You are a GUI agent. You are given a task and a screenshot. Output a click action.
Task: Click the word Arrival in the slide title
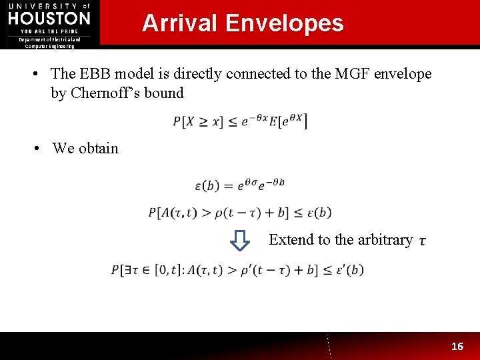(179, 23)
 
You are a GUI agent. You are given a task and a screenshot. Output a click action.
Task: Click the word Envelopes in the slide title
(284, 23)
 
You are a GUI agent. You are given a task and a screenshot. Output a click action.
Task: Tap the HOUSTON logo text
(49, 18)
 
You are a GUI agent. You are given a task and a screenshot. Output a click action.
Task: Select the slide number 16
(457, 346)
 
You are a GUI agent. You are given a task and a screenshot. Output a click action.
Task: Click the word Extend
(292, 239)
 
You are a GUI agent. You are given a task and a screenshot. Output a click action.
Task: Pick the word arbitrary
(381, 239)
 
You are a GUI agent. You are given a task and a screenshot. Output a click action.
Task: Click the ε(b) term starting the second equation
(209, 185)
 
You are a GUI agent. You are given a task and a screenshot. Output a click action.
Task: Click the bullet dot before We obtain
(39, 149)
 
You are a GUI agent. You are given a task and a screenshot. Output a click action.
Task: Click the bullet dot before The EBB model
(39, 74)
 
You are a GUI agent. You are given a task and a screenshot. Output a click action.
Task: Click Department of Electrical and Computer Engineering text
(49, 43)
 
